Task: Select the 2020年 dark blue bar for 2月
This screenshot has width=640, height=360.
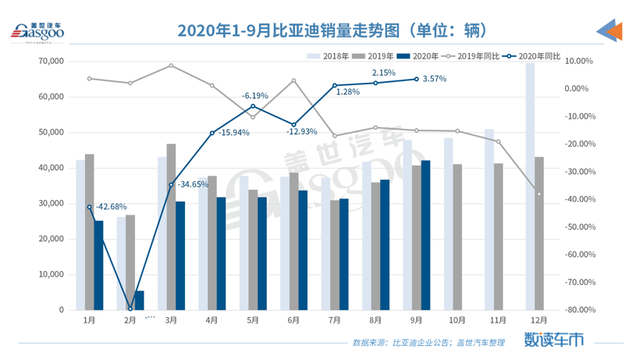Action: (139, 301)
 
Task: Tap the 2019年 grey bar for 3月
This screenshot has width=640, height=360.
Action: (171, 226)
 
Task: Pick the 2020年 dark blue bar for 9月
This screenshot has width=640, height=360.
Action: (425, 234)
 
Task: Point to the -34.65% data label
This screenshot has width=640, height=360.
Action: (193, 185)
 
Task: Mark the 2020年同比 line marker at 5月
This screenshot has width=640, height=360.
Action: (252, 106)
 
